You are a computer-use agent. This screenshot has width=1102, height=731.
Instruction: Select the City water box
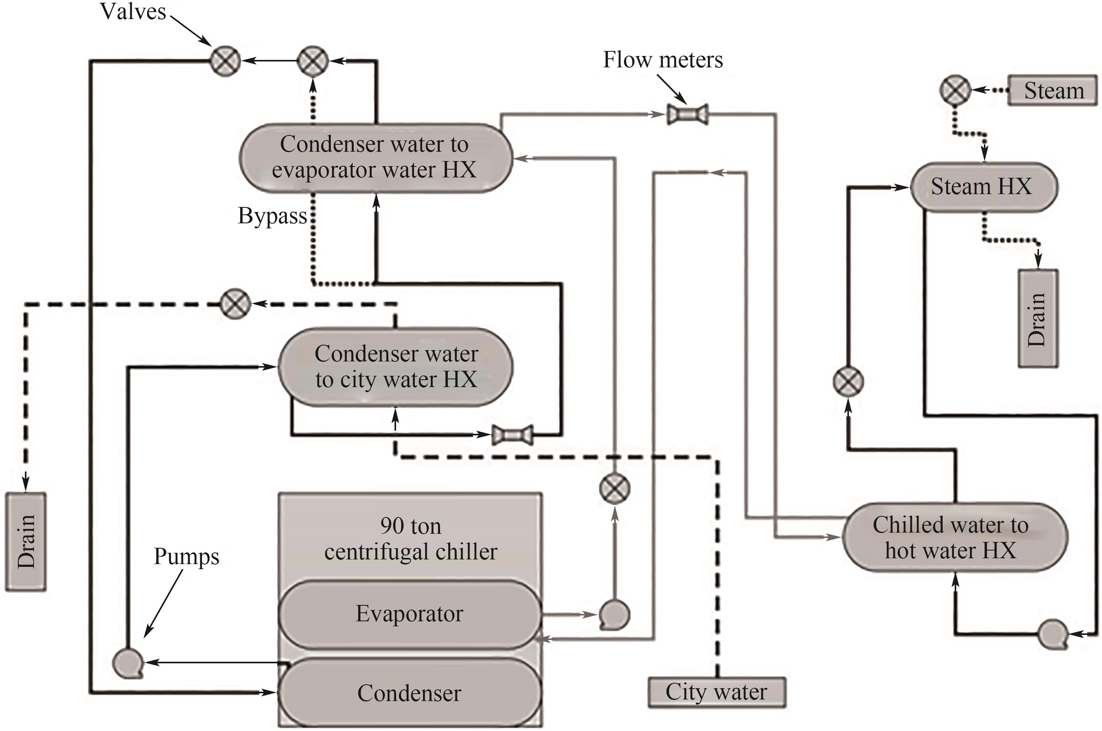click(x=716, y=692)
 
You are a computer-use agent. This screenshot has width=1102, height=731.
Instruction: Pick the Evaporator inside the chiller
click(x=409, y=614)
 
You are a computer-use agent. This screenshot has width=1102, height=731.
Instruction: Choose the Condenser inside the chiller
click(x=409, y=693)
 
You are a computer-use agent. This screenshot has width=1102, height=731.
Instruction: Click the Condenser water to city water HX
click(x=395, y=367)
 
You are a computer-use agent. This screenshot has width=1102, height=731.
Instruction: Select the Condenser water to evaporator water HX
click(x=375, y=158)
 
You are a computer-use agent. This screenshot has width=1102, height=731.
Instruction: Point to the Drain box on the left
click(x=26, y=541)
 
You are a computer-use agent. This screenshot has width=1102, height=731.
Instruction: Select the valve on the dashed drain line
click(x=235, y=304)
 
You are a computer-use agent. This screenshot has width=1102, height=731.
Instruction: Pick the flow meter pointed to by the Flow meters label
click(x=688, y=114)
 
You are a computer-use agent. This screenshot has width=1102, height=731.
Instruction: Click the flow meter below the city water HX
click(x=512, y=435)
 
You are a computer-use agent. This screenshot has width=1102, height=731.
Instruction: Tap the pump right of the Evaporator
click(x=613, y=614)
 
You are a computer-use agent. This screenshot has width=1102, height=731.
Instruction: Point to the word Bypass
click(x=272, y=216)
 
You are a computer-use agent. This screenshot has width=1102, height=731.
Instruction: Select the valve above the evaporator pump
click(x=614, y=489)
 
